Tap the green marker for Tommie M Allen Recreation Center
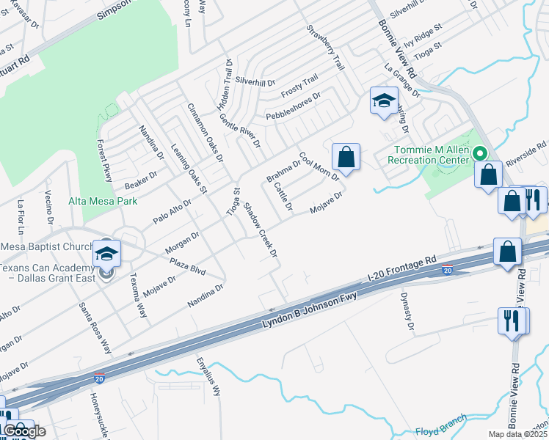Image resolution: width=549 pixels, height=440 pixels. [480, 154]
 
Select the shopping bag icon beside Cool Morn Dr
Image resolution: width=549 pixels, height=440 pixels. [346, 157]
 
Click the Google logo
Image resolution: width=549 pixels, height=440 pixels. [24, 431]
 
